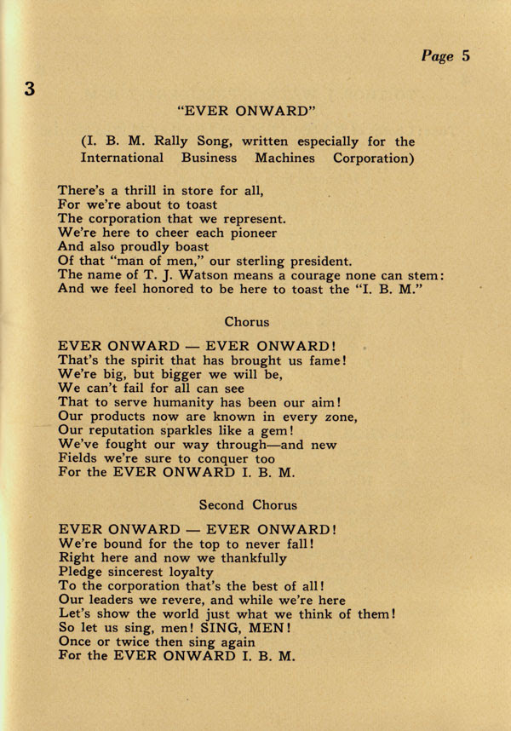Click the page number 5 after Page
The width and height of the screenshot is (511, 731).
(x=466, y=56)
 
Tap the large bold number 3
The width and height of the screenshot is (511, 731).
(x=29, y=89)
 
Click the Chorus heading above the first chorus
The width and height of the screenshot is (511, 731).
(x=247, y=322)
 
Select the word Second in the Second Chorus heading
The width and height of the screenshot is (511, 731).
(x=221, y=504)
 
